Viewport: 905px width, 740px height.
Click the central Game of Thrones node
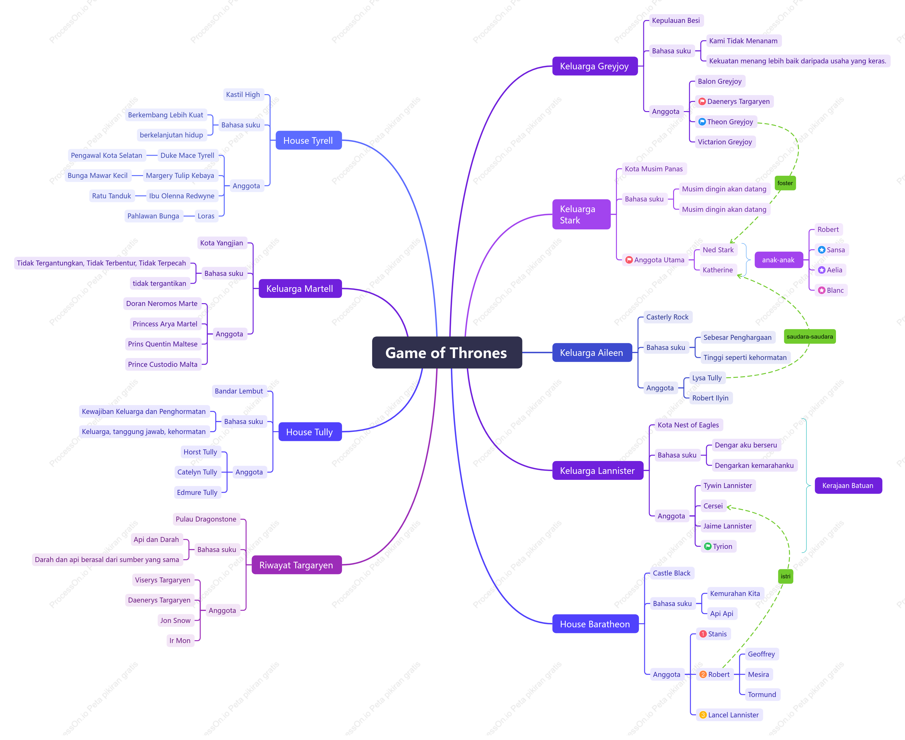coord(447,352)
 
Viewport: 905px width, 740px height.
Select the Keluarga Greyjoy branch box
coord(595,66)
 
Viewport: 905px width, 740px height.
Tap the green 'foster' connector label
coord(785,183)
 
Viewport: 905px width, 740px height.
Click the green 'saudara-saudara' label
coord(810,336)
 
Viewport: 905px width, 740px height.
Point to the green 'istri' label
coord(785,576)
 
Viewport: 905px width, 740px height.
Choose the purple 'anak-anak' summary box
coord(779,260)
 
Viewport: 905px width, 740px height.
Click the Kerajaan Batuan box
coord(848,485)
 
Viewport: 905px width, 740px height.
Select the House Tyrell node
coord(308,140)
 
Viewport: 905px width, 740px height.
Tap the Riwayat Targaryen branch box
coord(296,565)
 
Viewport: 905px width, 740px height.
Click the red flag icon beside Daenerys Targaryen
coord(702,101)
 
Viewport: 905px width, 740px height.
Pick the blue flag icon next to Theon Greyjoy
coord(702,122)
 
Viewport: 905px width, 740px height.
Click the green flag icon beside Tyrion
coord(708,546)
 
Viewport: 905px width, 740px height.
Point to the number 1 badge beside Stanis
coord(703,634)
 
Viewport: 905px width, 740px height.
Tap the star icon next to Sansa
coord(822,250)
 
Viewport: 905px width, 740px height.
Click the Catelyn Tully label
coord(197,472)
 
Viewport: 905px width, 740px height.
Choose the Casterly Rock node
coord(667,317)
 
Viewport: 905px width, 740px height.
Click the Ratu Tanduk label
coord(112,196)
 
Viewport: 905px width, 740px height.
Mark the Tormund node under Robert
coord(762,694)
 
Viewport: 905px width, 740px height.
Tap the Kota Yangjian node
coord(222,243)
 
